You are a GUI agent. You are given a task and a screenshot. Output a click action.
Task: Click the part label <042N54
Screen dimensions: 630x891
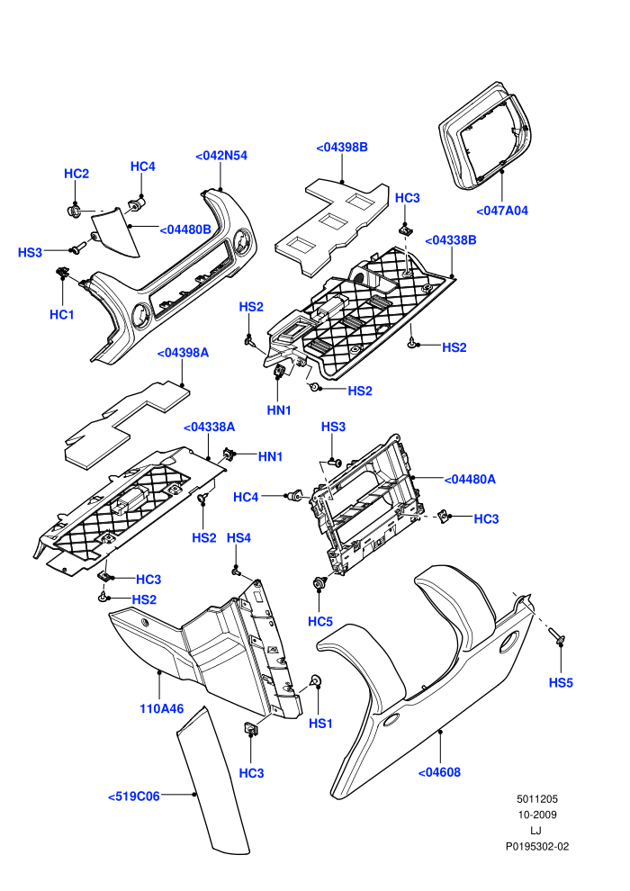(x=221, y=156)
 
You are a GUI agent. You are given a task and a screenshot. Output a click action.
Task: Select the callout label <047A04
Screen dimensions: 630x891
(x=501, y=211)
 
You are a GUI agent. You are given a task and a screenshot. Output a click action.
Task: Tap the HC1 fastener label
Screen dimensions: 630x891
(x=62, y=315)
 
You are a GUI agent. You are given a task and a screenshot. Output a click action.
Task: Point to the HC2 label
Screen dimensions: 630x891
(x=76, y=174)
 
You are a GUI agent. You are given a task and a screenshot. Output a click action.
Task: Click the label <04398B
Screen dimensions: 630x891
(x=341, y=148)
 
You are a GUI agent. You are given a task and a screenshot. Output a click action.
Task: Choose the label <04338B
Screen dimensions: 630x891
(x=451, y=240)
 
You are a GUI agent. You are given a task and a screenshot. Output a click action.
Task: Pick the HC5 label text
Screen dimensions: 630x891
(x=319, y=622)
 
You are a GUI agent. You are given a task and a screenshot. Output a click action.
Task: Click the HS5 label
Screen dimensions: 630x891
(x=561, y=683)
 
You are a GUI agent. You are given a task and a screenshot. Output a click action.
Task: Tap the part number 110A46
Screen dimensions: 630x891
(x=161, y=709)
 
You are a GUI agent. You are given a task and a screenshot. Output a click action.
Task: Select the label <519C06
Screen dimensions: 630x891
(x=133, y=796)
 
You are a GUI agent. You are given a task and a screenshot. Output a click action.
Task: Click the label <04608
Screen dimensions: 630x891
(x=439, y=773)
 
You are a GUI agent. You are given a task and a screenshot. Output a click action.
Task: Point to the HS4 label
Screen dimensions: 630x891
(x=238, y=538)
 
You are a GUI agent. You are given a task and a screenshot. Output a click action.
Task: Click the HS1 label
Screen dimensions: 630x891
(x=320, y=724)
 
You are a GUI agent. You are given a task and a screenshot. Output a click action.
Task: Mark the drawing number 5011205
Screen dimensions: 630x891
(x=536, y=799)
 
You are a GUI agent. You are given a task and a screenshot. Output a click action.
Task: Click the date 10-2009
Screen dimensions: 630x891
(x=536, y=814)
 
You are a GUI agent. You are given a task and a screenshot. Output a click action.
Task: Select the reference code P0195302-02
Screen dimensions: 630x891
(x=536, y=847)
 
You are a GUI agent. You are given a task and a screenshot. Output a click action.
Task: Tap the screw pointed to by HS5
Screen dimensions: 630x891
(x=556, y=636)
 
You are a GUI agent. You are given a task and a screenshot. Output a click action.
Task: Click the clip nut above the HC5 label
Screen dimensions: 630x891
(x=319, y=582)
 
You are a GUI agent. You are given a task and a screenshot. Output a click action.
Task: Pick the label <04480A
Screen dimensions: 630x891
(x=469, y=480)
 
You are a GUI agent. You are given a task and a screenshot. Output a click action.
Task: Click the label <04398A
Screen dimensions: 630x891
(x=183, y=354)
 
